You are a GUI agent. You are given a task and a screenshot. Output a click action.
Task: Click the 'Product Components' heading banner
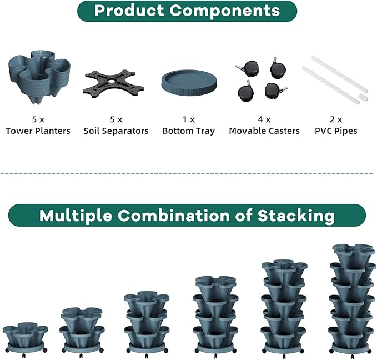point(187,11)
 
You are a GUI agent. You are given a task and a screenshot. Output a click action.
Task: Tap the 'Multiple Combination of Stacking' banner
point(187,215)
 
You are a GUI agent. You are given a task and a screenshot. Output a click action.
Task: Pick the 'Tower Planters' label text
point(38,131)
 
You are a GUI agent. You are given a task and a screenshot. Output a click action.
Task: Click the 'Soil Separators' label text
point(116,131)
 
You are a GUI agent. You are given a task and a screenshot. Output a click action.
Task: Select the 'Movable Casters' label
point(264,131)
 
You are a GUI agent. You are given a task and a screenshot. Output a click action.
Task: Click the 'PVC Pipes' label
point(336,131)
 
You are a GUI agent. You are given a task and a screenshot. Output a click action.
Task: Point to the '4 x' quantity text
point(264,119)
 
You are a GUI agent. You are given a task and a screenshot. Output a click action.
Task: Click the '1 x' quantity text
point(188,119)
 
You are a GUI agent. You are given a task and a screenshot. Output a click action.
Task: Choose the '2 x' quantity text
point(336,119)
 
